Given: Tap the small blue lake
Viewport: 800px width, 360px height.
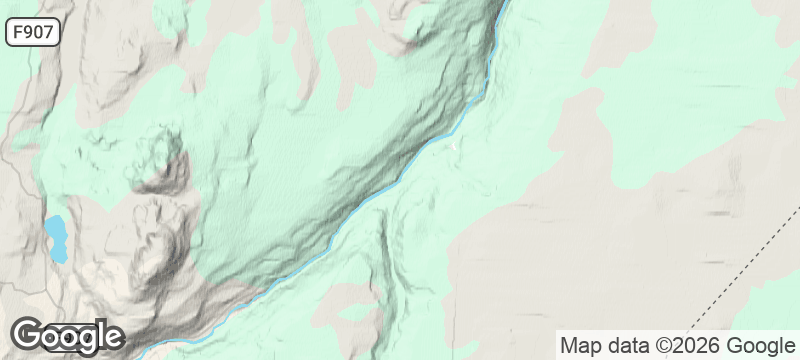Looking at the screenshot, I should pyautogui.click(x=55, y=238).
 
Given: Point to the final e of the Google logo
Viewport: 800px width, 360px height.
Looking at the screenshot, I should pyautogui.click(x=111, y=338).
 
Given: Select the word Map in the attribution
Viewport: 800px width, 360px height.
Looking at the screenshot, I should pyautogui.click(x=580, y=346).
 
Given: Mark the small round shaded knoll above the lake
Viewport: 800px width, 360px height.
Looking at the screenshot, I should pyautogui.click(x=160, y=160).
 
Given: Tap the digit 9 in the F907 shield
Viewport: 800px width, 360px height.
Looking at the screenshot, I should pyautogui.click(x=32, y=32).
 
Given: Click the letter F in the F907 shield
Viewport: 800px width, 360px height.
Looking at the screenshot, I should pyautogui.click(x=19, y=32).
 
